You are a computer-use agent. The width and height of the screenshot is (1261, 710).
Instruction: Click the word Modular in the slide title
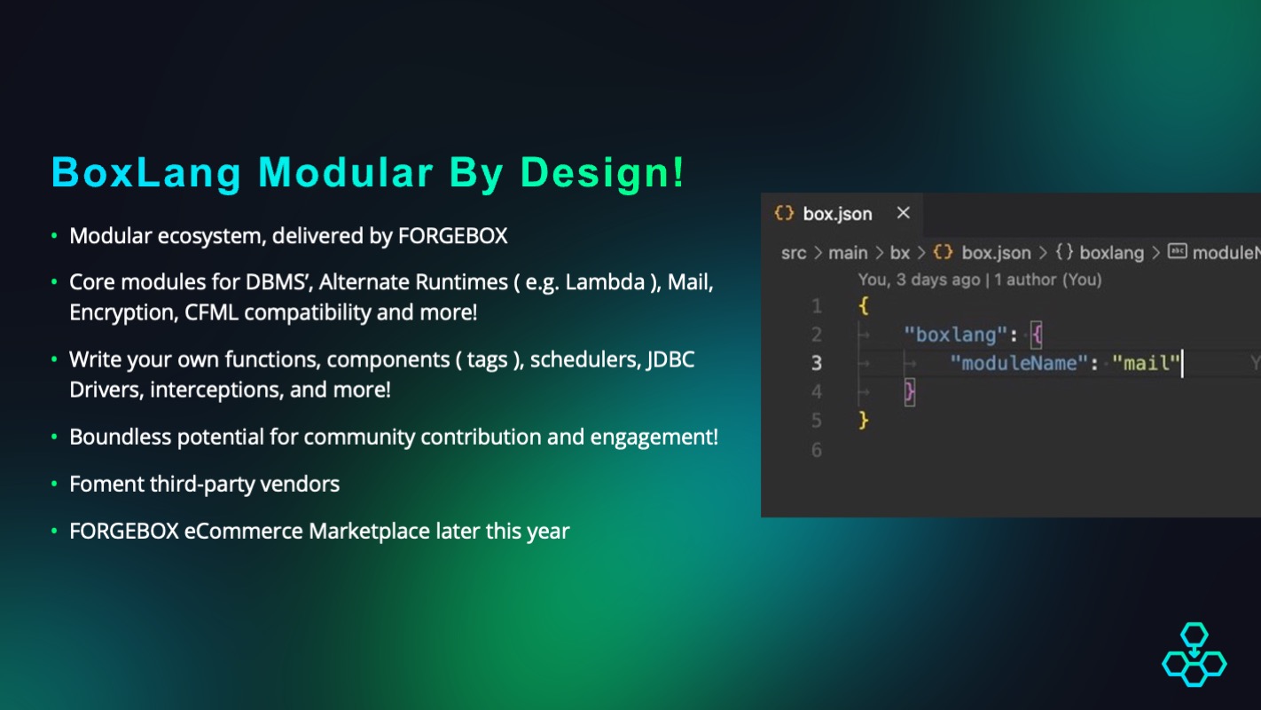point(346,172)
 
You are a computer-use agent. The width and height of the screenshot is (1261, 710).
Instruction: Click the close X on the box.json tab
point(903,213)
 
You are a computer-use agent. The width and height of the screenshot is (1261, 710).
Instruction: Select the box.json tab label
point(837,214)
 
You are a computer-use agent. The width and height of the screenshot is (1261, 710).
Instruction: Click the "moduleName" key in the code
point(1019,363)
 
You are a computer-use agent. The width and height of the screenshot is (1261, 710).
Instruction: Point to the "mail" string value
point(1146,363)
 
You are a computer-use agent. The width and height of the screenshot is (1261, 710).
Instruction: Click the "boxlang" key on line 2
point(955,335)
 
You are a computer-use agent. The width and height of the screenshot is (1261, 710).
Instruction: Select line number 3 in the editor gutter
point(816,363)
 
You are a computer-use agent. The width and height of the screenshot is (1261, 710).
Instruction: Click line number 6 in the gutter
point(816,450)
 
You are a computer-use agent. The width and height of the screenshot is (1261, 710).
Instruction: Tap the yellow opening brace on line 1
point(864,306)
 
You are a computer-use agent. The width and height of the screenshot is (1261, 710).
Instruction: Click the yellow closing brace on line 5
point(864,421)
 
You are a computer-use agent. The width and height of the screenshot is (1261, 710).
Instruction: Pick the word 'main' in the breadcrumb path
point(848,253)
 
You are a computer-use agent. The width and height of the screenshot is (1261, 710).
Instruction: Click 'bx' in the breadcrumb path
point(899,253)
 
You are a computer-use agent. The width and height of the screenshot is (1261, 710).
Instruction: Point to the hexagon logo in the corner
point(1194,654)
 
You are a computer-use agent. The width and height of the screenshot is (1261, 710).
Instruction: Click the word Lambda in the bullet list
point(605,281)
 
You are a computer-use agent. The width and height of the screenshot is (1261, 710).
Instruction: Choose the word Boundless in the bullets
point(121,437)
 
